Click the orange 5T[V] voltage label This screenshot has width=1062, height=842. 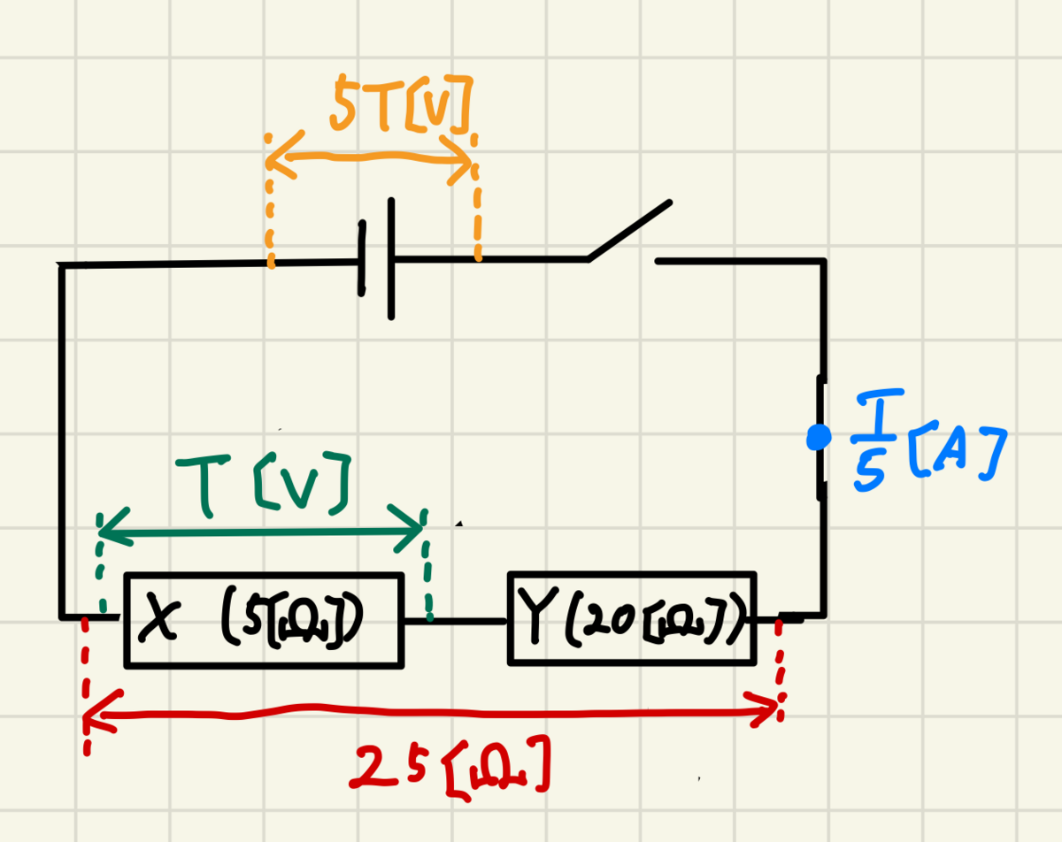click(401, 104)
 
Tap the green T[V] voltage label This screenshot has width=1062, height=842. click(263, 484)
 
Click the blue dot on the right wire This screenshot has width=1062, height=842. click(819, 437)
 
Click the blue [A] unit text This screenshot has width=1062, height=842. click(958, 452)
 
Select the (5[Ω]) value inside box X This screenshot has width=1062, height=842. click(292, 618)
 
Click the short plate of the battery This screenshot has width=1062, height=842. click(362, 258)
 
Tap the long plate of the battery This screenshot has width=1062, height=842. click(391, 259)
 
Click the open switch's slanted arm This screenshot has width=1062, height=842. click(628, 230)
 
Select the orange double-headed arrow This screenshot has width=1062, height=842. click(370, 157)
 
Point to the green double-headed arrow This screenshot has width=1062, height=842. click(261, 532)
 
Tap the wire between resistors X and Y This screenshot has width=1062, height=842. click(456, 621)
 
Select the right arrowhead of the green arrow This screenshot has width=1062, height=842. click(408, 529)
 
